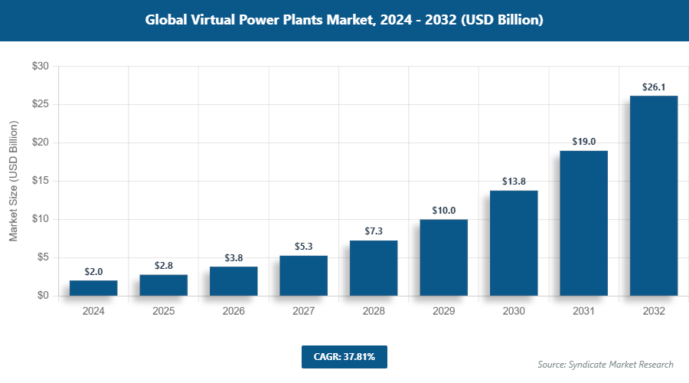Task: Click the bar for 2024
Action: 93,288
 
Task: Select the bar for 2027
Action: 303,276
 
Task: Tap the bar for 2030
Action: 514,243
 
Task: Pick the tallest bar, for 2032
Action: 654,195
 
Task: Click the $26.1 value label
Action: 654,87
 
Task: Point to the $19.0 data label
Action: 583,142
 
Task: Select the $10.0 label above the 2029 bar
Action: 443,211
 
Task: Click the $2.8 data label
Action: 163,266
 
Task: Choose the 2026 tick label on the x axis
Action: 233,312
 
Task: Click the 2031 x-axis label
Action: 583,312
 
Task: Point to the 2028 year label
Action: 374,312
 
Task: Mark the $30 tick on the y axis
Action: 40,67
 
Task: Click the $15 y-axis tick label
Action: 40,181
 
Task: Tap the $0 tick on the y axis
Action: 43,296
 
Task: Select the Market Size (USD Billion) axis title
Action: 14,181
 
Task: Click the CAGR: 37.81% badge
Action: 344,356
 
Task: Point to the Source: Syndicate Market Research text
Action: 606,364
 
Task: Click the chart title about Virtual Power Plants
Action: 344,20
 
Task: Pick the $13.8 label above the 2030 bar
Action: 514,182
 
